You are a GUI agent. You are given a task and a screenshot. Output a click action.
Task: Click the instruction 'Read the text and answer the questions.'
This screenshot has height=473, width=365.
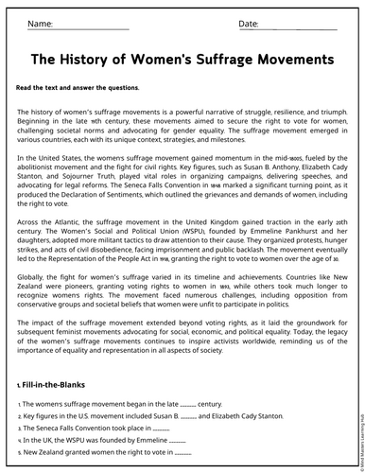coord(78,88)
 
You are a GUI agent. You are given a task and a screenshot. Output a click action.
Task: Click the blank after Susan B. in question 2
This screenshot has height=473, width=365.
coord(187,416)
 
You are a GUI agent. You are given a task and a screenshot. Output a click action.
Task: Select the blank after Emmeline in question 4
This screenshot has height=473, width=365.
coord(176,441)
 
